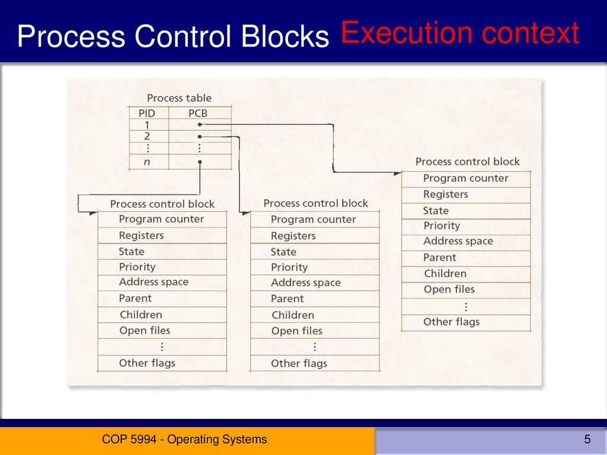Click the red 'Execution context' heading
(x=459, y=33)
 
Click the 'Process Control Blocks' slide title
(x=172, y=37)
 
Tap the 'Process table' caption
(x=179, y=98)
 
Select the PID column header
(x=147, y=113)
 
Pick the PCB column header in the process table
(x=198, y=113)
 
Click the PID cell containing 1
(x=147, y=125)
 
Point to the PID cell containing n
(x=147, y=161)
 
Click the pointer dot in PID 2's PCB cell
(x=200, y=137)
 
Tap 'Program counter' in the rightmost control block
(x=465, y=178)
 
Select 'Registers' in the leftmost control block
(x=141, y=235)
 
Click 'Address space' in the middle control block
(x=305, y=283)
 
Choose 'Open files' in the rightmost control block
(x=449, y=290)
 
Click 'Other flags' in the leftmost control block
(x=147, y=363)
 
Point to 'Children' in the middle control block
(x=293, y=315)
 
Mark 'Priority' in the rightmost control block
(x=442, y=226)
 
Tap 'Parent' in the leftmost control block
(x=135, y=299)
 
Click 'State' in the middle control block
(x=283, y=252)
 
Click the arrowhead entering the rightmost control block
(x=397, y=173)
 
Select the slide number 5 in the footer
(x=587, y=440)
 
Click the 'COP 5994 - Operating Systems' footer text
(x=184, y=440)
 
